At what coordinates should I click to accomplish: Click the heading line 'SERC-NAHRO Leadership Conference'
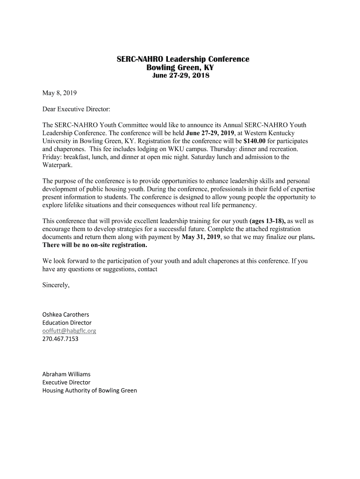(183, 59)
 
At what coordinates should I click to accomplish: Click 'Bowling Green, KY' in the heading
(180, 67)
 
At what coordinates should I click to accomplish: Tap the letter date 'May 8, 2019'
(59, 93)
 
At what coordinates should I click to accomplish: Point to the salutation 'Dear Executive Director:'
(76, 109)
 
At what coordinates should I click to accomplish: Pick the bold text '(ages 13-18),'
(268, 221)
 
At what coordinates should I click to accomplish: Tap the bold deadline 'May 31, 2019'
(201, 237)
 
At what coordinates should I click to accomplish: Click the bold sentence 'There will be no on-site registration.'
(95, 245)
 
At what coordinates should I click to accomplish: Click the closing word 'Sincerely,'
(56, 285)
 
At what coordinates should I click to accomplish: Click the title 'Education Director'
(67, 323)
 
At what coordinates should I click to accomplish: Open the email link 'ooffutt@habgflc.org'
(69, 331)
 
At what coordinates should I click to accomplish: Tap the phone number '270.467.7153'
(60, 339)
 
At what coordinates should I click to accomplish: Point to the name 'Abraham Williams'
(66, 374)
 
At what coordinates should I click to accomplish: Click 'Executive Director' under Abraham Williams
(66, 382)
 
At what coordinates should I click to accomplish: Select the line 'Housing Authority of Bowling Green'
(90, 390)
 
